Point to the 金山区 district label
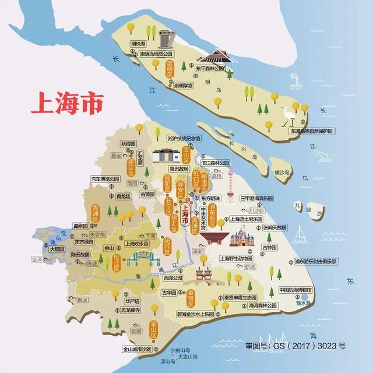(153, 330)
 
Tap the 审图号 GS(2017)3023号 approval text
(295, 346)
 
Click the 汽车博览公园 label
(105, 179)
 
